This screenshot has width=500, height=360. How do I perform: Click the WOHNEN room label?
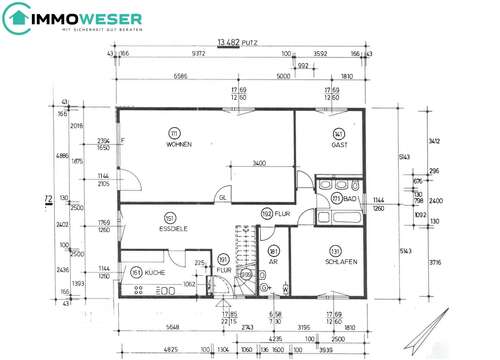pos(178,146)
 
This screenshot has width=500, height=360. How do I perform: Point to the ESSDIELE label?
pos(175,228)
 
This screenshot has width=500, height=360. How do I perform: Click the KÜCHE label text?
pos(154,272)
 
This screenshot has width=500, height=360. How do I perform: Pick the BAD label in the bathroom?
pos(351,199)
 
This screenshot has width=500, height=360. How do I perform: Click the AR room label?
pos(273,262)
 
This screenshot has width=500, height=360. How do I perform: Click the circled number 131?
pos(337,250)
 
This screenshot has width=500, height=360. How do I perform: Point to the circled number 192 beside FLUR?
pos(267,213)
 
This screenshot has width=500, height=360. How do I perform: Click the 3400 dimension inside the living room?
pos(257,162)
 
